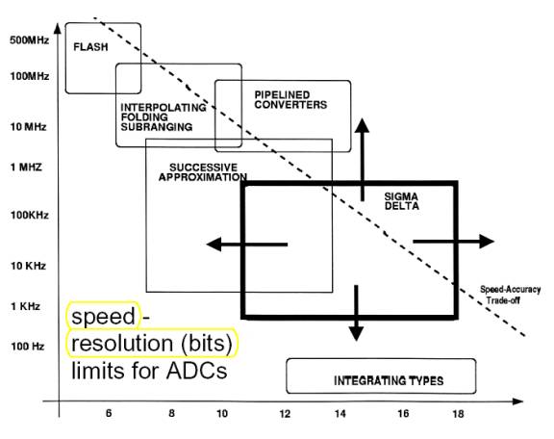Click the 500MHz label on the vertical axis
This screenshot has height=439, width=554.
click(x=29, y=40)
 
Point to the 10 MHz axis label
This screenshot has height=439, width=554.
click(x=28, y=127)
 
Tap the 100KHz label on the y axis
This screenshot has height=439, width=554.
click(x=29, y=215)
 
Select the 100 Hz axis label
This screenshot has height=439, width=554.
click(x=28, y=346)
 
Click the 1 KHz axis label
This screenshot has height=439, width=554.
click(x=25, y=306)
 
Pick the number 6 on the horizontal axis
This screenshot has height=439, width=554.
click(x=109, y=413)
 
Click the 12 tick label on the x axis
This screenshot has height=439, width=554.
click(x=285, y=414)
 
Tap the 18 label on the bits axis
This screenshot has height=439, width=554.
click(x=458, y=414)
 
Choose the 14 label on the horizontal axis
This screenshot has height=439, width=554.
click(x=340, y=414)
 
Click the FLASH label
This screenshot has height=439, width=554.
click(x=90, y=47)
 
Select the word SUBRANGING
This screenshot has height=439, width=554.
click(x=157, y=127)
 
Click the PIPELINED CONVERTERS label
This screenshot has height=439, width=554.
click(x=290, y=100)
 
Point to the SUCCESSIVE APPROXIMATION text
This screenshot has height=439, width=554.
click(x=203, y=172)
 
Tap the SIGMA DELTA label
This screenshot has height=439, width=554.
click(x=401, y=201)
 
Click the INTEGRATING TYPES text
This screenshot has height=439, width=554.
click(x=389, y=380)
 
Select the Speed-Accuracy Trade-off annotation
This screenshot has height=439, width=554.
click(x=510, y=295)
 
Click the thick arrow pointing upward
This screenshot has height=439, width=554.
click(x=363, y=160)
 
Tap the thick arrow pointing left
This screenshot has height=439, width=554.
click(x=247, y=245)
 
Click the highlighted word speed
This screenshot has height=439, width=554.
click(x=104, y=316)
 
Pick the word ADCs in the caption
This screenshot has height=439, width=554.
click(x=196, y=371)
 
